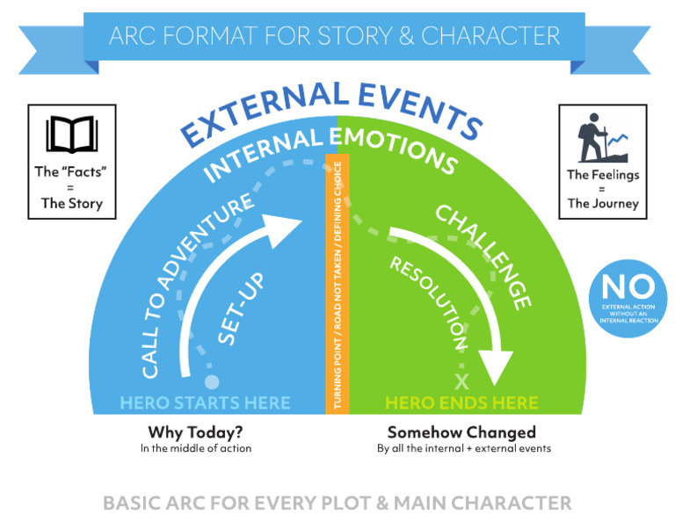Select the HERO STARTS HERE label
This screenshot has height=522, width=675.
pos(205,402)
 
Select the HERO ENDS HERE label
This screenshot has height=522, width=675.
pos(461,402)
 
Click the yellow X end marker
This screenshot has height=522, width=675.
pos(463,381)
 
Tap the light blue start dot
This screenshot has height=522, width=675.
pos(211,381)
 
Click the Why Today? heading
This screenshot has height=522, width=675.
pos(195,432)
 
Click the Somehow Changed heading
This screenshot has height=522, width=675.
pos(461,432)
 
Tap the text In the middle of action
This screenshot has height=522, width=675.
pos(195,448)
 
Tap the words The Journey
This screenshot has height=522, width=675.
pos(602,204)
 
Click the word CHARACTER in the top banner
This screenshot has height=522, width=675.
pos(491,36)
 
